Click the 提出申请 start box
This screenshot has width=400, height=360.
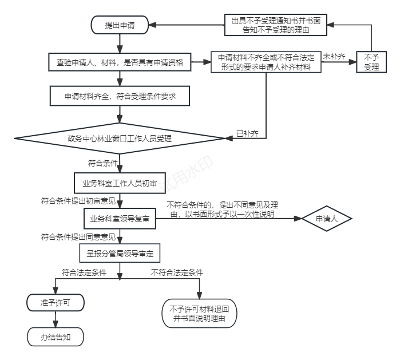tap(119, 25)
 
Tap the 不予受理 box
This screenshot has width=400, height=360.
tap(371, 62)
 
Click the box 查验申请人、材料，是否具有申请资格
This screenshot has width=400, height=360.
tap(119, 61)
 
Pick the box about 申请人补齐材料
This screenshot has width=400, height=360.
tap(266, 62)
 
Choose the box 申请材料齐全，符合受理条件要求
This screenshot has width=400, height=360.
tap(119, 97)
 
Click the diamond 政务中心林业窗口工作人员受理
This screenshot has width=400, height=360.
tap(120, 138)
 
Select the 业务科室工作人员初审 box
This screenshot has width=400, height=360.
tap(119, 184)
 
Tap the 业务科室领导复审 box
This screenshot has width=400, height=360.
tap(119, 219)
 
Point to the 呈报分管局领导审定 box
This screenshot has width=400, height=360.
tap(119, 252)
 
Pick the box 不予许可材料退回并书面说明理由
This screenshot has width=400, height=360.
tap(200, 312)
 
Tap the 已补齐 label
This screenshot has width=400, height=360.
tap(247, 134)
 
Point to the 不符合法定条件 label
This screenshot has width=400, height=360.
tap(177, 272)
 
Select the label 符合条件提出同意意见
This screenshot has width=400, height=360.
tap(78, 236)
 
